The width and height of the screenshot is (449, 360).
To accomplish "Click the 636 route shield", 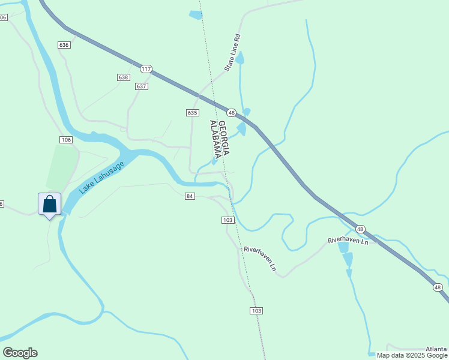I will tap(64, 45).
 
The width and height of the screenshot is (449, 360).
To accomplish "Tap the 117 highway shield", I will tap(146, 69).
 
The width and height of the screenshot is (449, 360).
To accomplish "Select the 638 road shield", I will tap(123, 77).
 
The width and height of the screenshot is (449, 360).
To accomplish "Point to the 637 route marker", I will tap(142, 86).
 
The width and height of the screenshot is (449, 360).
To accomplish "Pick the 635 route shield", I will tap(192, 113).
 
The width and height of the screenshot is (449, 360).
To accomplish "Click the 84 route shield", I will tap(190, 196).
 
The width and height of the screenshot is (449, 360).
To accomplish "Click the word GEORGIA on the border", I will tap(223, 138).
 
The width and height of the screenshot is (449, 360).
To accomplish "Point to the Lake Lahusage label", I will tap(101, 178).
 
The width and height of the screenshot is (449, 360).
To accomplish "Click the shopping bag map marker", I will tap(49, 204).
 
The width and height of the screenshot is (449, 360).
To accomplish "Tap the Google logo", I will tap(20, 353).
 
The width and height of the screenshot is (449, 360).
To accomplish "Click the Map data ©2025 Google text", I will tap(412, 355).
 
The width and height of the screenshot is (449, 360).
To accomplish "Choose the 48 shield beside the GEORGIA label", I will tap(231, 112).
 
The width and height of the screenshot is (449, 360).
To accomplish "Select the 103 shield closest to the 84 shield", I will tap(228, 220).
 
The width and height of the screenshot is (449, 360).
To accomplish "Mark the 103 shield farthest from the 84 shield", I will tap(256, 310).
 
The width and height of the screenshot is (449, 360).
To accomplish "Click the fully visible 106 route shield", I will tap(66, 140).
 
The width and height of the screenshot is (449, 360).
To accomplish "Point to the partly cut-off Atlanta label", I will tap(436, 349).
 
